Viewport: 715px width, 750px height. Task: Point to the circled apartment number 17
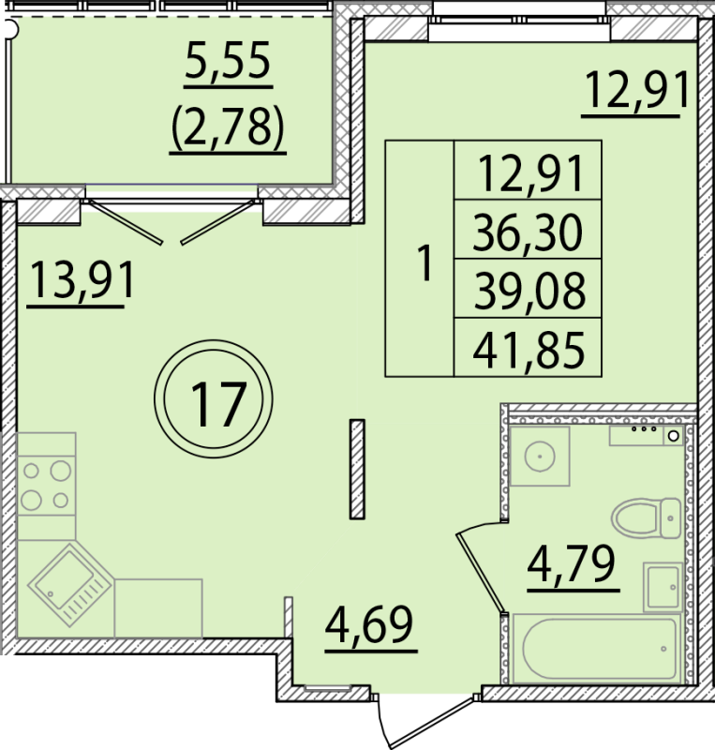[x=217, y=403]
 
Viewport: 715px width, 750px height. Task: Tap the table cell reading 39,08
[x=527, y=291]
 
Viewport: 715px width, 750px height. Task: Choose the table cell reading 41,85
[x=527, y=351]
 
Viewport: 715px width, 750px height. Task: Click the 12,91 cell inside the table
[x=527, y=172]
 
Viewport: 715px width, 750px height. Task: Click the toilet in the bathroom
[x=646, y=516]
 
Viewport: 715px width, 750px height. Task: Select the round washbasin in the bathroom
[x=541, y=458]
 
